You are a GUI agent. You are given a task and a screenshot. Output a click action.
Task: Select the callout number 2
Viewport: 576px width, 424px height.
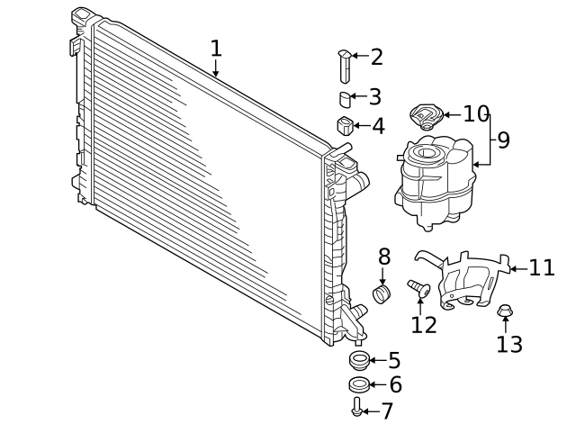click(x=376, y=57)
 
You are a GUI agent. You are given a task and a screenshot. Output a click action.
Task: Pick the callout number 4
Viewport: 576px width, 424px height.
click(x=378, y=126)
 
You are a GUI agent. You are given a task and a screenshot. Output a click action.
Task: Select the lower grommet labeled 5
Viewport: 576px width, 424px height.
click(x=359, y=362)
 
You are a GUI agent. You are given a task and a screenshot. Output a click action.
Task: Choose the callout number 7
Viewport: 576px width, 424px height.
click(x=387, y=411)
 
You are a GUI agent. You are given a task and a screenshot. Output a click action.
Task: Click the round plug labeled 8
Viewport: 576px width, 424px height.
click(x=383, y=293)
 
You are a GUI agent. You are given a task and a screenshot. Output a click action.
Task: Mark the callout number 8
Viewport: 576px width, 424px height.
click(x=383, y=257)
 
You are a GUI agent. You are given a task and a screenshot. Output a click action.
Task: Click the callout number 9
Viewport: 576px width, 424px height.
click(x=503, y=140)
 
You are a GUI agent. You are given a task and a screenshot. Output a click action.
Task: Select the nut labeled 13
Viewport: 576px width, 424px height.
click(x=505, y=312)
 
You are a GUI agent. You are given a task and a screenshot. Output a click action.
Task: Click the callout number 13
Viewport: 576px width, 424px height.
click(x=508, y=344)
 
